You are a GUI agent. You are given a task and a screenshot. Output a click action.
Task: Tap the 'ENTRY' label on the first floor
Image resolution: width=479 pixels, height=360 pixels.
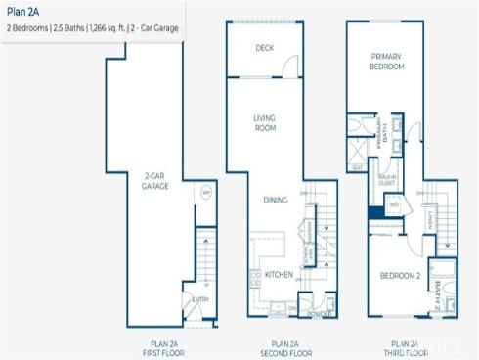(200, 300)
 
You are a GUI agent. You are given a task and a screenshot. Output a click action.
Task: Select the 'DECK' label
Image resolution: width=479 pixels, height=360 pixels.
(264, 48)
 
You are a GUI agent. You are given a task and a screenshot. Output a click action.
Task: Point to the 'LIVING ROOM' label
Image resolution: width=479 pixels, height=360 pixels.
(264, 122)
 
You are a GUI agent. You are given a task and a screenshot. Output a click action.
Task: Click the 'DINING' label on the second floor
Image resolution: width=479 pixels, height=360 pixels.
(275, 200)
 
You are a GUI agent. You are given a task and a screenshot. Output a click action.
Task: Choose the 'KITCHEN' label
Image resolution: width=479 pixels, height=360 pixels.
(280, 275)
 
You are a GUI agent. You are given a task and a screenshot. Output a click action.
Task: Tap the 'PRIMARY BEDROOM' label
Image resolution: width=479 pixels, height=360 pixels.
(386, 63)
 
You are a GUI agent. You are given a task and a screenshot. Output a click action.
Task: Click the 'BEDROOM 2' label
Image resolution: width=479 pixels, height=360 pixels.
(400, 276)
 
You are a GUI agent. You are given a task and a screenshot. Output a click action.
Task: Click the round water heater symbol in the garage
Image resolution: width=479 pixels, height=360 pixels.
(205, 193)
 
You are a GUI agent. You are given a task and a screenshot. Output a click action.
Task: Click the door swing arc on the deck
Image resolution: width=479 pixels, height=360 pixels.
(286, 67)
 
